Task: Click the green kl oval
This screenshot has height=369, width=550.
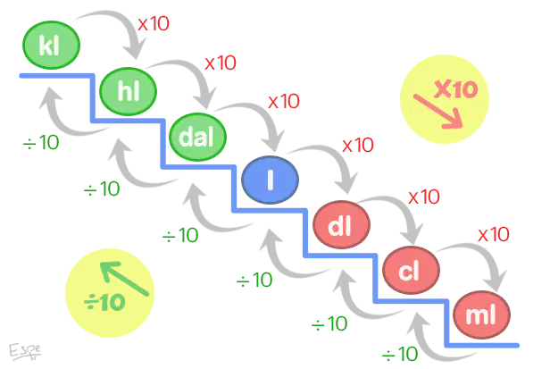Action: coord(51,45)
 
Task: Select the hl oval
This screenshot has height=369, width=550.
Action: coord(128,91)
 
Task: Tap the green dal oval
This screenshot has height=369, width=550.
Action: coord(197,137)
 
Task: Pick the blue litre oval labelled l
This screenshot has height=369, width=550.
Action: coord(270,180)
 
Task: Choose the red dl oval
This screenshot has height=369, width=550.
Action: coord(341,224)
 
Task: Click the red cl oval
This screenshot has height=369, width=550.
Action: coord(411,271)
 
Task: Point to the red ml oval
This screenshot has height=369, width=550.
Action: coord(481,314)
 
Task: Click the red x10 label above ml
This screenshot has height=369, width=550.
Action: coord(494,234)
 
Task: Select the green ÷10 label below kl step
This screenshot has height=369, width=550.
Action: coord(41,143)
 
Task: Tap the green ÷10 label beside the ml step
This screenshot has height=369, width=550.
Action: coord(400,354)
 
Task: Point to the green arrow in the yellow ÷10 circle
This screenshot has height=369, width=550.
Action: coord(125,279)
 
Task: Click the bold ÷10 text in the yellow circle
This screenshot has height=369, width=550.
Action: coord(104,302)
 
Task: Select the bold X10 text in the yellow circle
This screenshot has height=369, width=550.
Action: coord(455,89)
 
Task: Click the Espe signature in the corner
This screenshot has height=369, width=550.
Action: coord(25,351)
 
